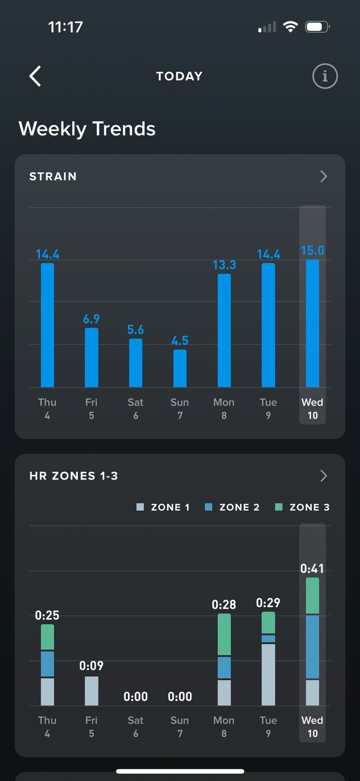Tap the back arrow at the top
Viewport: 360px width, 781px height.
[x=35, y=76]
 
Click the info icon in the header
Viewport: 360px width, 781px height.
[x=325, y=76]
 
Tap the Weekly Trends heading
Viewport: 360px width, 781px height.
[x=87, y=129]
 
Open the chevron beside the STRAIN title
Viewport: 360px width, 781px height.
[x=323, y=177]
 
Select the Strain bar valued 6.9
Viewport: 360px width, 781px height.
[x=91, y=358]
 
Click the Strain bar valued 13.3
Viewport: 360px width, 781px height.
[x=224, y=330]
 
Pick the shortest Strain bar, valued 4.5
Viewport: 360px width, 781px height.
[x=180, y=368]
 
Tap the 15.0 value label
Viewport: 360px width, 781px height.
[x=312, y=251]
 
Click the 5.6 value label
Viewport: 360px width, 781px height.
[x=135, y=330]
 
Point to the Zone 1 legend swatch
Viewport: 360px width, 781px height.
[x=140, y=507]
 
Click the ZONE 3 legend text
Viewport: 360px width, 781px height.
[x=309, y=507]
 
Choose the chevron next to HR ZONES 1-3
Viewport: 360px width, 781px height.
[x=323, y=476]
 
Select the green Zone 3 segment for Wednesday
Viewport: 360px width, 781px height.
[x=312, y=596]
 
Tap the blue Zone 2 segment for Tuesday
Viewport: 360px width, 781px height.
[x=268, y=639]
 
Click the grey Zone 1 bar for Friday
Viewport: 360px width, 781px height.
[x=91, y=691]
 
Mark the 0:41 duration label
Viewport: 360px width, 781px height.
[x=312, y=569]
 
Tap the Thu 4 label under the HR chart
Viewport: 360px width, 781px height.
[x=47, y=727]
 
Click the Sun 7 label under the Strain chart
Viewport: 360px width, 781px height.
[x=180, y=408]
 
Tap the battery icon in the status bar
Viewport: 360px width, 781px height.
[x=317, y=27]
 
